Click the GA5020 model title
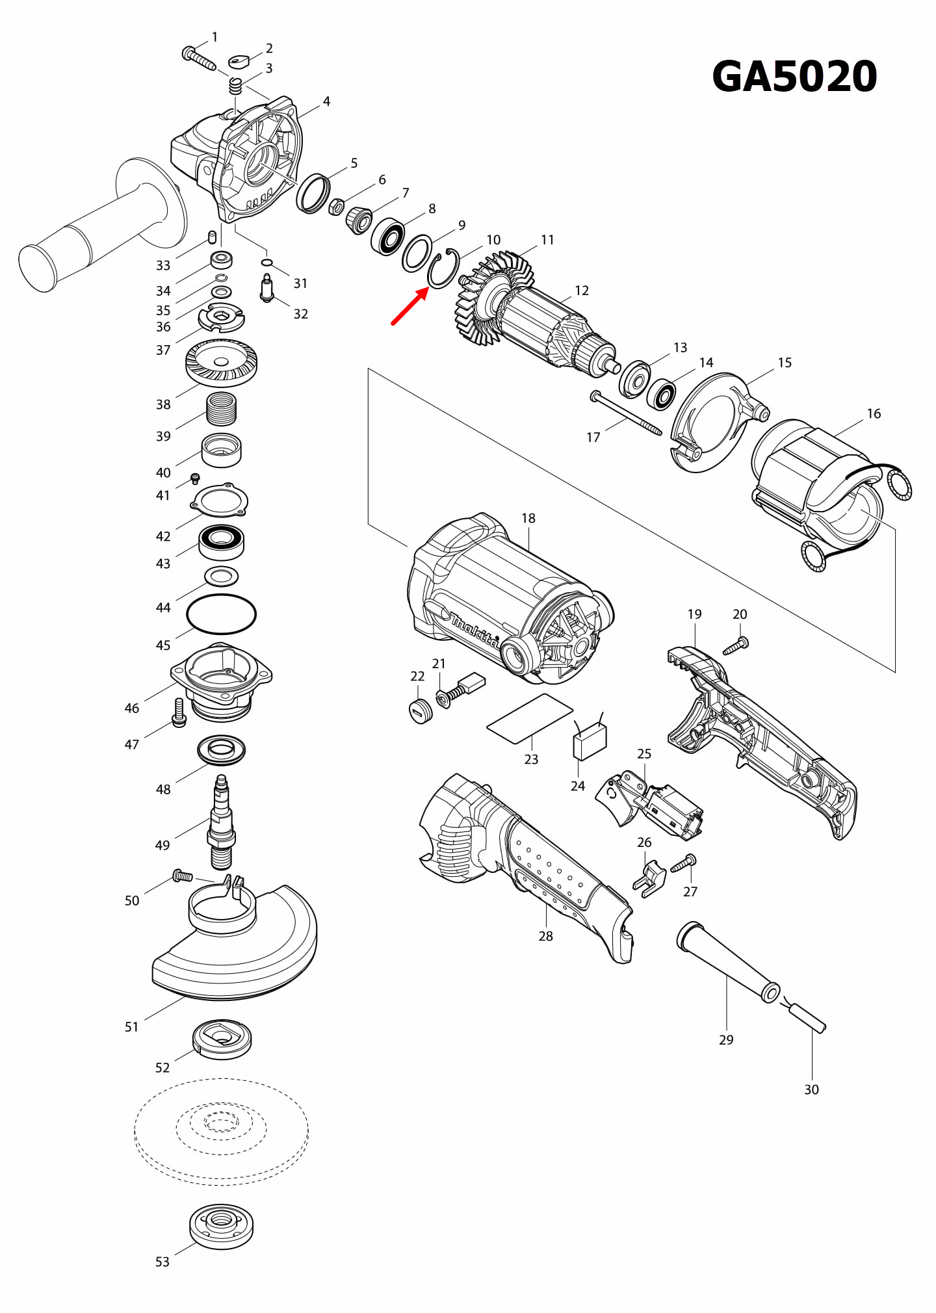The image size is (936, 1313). (x=794, y=77)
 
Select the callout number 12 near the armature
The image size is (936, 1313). (x=582, y=291)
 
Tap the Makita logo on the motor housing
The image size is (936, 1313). (x=475, y=630)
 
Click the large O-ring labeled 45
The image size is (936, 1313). (x=221, y=614)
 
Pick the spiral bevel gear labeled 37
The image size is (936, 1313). (x=221, y=363)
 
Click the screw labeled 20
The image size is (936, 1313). (x=736, y=646)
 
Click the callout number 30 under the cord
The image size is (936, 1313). (x=811, y=1089)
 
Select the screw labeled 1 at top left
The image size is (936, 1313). (x=198, y=58)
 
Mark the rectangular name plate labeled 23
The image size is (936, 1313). (x=530, y=718)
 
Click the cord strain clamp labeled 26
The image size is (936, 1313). (x=650, y=878)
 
